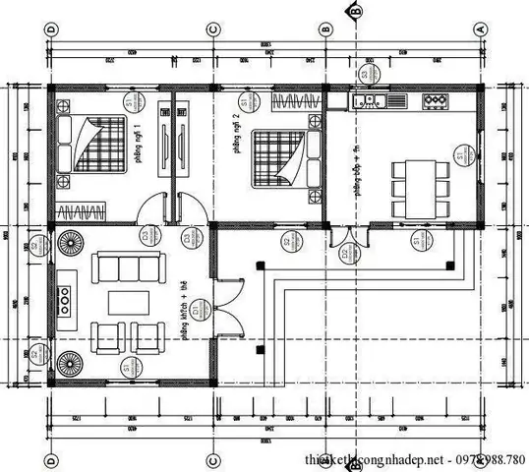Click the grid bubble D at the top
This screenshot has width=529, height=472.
pos(52,29)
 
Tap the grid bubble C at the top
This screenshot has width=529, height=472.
pos(212,29)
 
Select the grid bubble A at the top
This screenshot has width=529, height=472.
pos(481,29)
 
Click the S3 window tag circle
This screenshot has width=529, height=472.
pos(365,74)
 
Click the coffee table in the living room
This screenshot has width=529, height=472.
pos(124,304)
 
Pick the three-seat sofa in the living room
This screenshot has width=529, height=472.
pos(124,267)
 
